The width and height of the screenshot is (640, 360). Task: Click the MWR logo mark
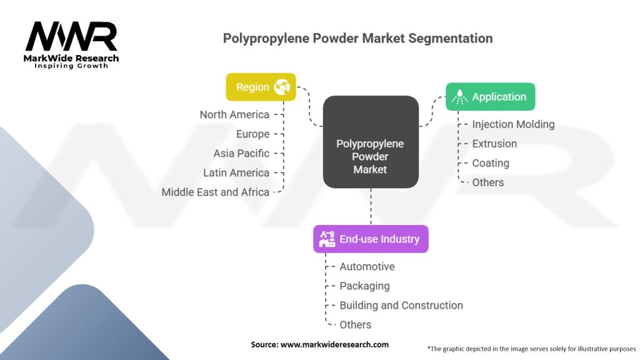click(x=71, y=36)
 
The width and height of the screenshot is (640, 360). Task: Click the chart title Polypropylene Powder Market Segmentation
click(x=357, y=38)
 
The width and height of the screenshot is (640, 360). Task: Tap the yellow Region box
click(x=261, y=87)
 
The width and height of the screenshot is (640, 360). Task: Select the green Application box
click(x=490, y=97)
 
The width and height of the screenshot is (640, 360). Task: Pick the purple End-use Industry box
click(x=371, y=239)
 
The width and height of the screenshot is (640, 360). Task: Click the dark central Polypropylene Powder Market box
click(x=371, y=142)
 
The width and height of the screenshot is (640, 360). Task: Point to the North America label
click(x=234, y=115)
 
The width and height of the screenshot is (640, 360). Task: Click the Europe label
click(x=252, y=134)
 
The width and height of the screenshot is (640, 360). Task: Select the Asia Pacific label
click(x=241, y=154)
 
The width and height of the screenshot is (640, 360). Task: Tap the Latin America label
click(x=236, y=172)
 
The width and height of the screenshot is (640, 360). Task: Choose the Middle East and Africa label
click(x=215, y=192)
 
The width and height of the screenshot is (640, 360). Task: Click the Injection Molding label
click(x=513, y=124)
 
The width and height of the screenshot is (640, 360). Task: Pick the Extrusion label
click(x=494, y=144)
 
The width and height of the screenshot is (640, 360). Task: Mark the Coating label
click(x=491, y=163)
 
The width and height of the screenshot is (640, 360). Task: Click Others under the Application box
click(x=487, y=182)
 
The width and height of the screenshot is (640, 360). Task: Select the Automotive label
click(x=367, y=266)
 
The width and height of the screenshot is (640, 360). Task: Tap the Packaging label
click(x=364, y=286)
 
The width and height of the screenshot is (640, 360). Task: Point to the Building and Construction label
click(x=401, y=305)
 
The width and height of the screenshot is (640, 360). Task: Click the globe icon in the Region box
click(x=282, y=87)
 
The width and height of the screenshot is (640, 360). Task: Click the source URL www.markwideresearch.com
click(x=334, y=344)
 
